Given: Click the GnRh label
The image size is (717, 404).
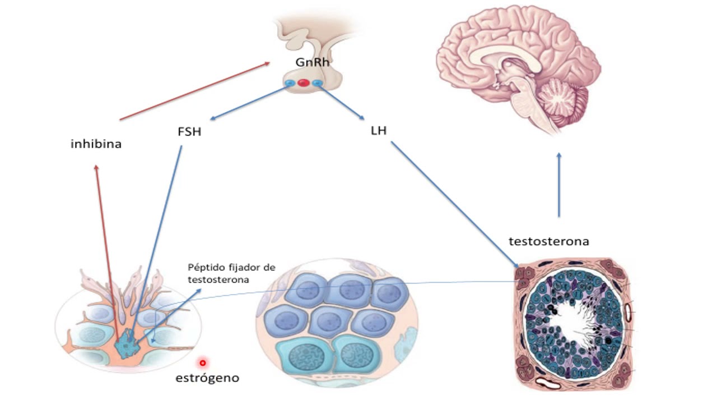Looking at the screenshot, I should (312, 62).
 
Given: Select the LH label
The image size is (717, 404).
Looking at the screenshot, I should (379, 131).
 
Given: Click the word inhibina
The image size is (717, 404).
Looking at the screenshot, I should (96, 144).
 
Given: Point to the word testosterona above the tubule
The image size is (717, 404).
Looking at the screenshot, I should (548, 241).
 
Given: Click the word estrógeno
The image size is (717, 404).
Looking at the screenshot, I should (207, 378).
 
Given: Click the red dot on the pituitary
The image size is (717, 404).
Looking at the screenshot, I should (303, 83).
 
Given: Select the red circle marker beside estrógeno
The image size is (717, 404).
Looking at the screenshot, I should (203, 363).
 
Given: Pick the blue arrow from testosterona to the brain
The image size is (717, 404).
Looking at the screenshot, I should (559, 185).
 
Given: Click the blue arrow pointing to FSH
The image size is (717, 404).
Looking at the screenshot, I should (246, 102).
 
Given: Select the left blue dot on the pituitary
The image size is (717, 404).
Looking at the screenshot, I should (290, 84).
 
